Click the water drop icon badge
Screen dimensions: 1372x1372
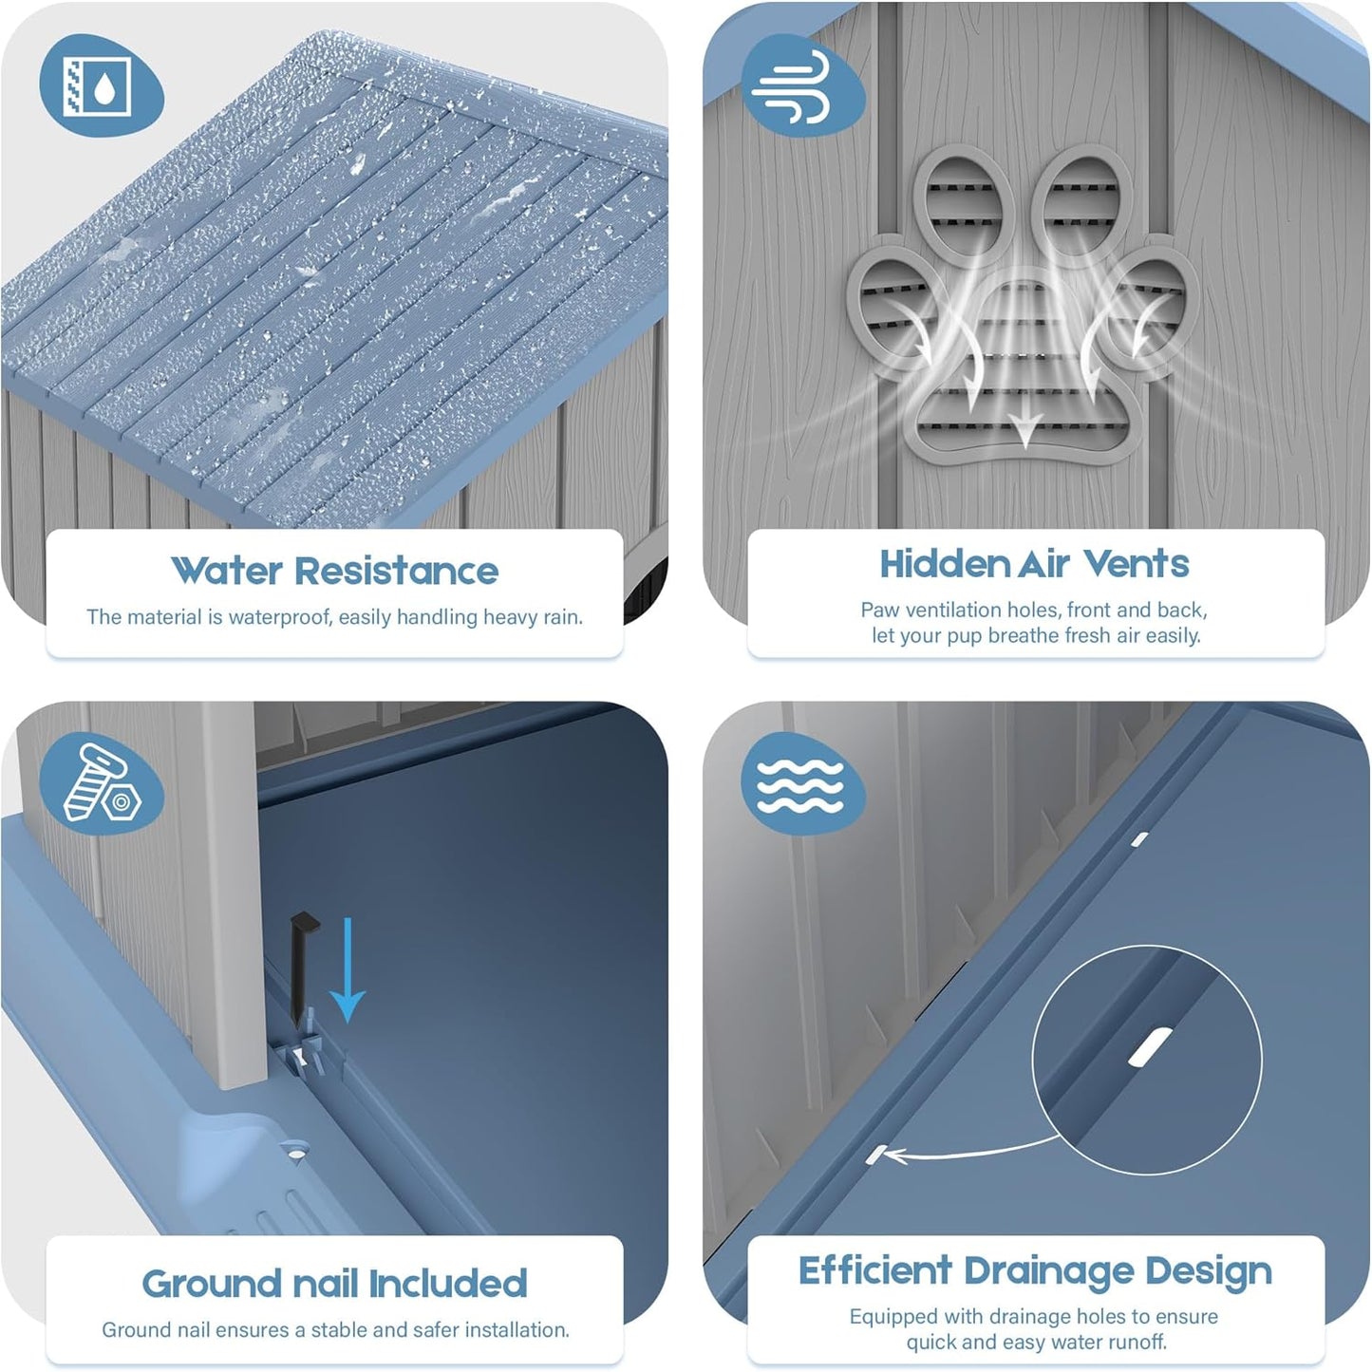click(x=101, y=86)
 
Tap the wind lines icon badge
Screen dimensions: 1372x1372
click(x=802, y=85)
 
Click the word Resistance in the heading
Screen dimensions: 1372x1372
click(x=397, y=571)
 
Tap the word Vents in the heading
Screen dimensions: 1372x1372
click(x=1137, y=564)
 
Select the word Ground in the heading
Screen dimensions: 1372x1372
click(x=213, y=1284)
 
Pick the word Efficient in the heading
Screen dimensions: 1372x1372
click(x=875, y=1271)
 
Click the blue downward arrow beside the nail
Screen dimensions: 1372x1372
click(x=348, y=969)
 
